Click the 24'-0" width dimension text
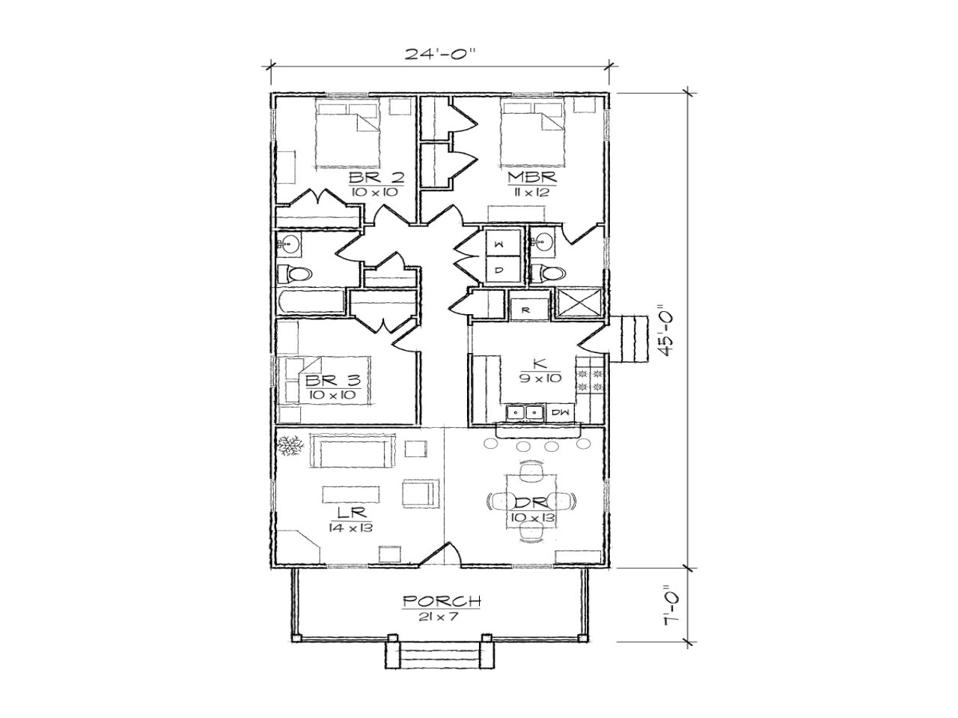(441, 54)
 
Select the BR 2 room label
(376, 178)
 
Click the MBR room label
(531, 178)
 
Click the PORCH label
(441, 601)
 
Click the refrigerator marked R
(526, 307)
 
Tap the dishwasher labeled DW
(559, 412)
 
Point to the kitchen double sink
(524, 412)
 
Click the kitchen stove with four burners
(589, 379)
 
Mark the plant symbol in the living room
(289, 447)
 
